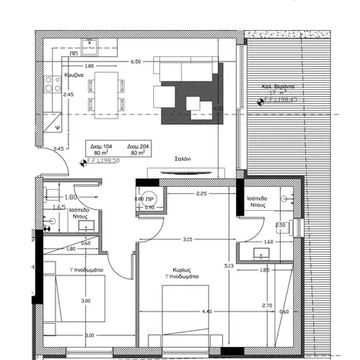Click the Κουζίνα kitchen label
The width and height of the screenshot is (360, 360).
tap(73, 75)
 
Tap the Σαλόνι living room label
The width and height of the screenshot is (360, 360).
tap(182, 158)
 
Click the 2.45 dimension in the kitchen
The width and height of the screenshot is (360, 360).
tap(68, 95)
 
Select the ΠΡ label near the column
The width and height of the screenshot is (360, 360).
tap(150, 198)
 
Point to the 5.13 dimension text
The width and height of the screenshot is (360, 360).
tap(228, 266)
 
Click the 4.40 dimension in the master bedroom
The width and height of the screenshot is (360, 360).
tap(206, 312)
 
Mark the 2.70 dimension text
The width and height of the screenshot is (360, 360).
tap(268, 305)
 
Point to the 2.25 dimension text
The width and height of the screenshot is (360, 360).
tap(202, 193)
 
